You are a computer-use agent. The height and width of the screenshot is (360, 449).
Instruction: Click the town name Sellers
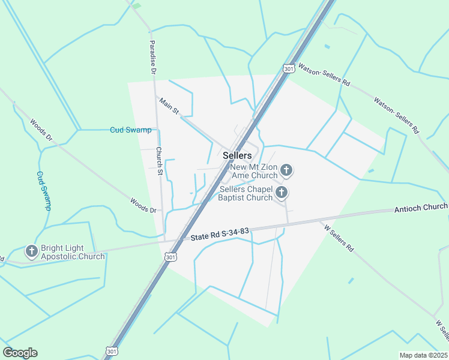237,155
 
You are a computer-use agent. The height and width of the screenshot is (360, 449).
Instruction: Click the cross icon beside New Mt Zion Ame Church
286,170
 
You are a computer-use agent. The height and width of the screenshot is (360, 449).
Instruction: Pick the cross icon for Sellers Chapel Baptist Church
282,193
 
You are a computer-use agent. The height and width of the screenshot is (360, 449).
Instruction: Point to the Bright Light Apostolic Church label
73,252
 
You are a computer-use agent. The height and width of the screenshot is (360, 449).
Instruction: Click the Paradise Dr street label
153,57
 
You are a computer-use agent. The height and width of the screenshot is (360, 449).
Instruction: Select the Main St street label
169,106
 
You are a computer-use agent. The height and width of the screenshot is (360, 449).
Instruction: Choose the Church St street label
160,161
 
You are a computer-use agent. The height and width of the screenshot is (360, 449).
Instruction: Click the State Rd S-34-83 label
220,234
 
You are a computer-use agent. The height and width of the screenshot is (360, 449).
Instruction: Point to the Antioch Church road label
421,207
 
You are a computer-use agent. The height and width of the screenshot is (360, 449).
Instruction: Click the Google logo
20,353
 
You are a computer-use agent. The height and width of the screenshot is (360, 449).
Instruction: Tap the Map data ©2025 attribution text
424,355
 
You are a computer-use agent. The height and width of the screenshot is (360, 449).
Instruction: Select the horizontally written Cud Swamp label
130,130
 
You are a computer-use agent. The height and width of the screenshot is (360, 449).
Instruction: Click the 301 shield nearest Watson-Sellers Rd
289,69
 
